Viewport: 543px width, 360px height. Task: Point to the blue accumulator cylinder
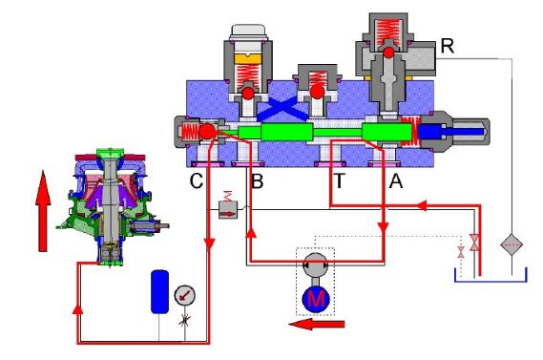click(x=160, y=292)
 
